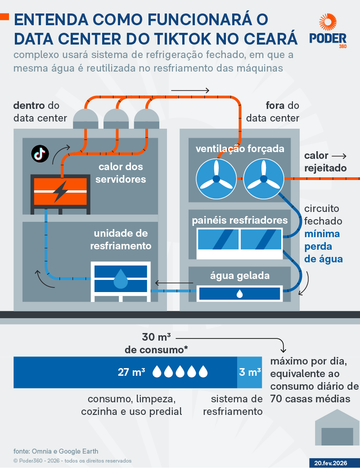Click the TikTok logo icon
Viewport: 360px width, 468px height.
(x=40, y=153)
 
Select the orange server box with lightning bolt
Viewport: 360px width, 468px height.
(x=59, y=191)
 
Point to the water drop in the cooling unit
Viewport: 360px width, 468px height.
(x=120, y=279)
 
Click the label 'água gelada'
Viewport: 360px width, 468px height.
(x=240, y=275)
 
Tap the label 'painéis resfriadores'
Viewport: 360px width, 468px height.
(x=240, y=220)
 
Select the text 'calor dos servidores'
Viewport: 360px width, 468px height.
(x=121, y=173)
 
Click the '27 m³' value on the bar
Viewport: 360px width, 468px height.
(x=131, y=372)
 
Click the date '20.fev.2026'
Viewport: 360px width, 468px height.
(x=334, y=463)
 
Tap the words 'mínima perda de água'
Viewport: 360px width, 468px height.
(x=323, y=247)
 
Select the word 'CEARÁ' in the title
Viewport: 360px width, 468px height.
(x=267, y=38)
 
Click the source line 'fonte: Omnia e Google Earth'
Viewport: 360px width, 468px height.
(x=56, y=451)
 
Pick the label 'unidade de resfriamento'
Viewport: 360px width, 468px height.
(x=121, y=240)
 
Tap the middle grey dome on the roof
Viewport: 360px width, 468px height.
(x=116, y=118)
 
